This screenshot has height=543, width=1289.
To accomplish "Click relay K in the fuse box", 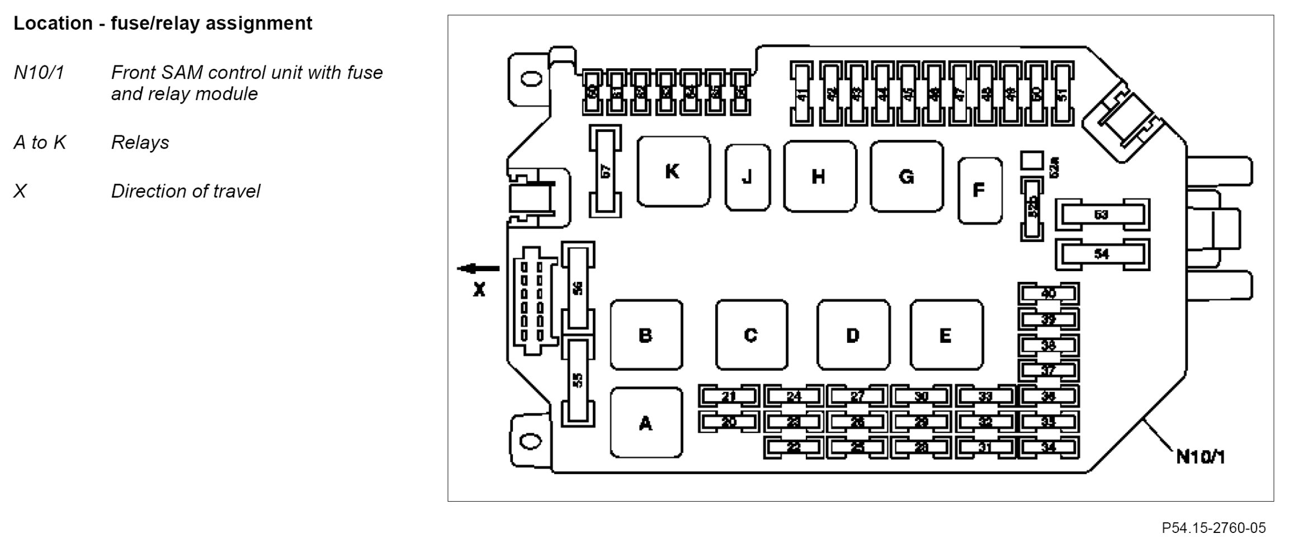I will pos(673,171).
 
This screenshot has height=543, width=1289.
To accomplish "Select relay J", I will pos(747,177).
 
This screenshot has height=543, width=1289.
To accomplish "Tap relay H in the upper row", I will pos(819,177).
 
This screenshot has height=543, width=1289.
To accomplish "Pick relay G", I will pos(906,177).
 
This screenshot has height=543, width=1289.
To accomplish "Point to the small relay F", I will pos(979,191).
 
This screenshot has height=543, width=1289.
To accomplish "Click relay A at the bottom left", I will pos(646,423).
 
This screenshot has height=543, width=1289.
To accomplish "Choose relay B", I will pos(646,335).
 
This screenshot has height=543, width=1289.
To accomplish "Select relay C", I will pos(751,335).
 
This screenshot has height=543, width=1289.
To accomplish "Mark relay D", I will pos(853,335).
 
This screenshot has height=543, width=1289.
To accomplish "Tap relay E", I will pos(946,335).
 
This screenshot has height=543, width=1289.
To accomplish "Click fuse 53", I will pos(1102,215).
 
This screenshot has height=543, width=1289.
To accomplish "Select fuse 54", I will pos(1102,254).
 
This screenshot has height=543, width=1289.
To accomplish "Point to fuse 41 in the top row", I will pos(803,95).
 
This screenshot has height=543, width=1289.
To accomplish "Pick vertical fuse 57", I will pos(605,171).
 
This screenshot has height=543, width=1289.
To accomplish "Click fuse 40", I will pos(1048,294).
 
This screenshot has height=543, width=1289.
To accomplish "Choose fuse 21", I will pos(728,397).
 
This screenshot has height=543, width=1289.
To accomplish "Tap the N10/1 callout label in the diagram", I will pos(1200,457).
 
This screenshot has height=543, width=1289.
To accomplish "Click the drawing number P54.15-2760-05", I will pos(1214,528).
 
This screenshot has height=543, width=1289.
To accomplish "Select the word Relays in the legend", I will pos(140,143).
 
